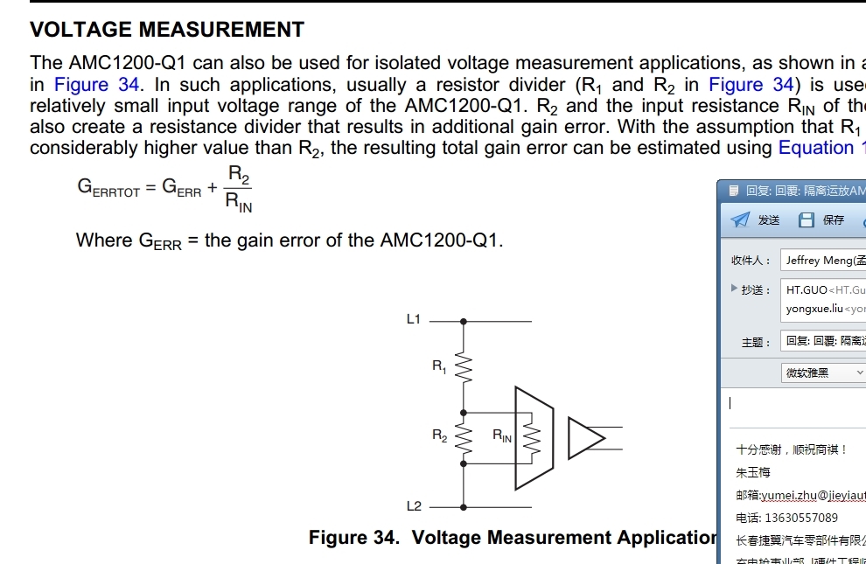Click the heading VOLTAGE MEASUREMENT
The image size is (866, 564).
[x=167, y=30]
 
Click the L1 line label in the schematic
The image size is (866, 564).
[x=414, y=319]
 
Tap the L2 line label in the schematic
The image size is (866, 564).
[x=414, y=505]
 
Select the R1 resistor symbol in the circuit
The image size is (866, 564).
[x=464, y=368]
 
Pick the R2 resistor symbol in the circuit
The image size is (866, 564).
[x=464, y=442]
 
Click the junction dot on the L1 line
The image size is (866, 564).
[x=464, y=321]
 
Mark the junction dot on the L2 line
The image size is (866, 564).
[x=464, y=506]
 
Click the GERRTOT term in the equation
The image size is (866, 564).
[x=108, y=189]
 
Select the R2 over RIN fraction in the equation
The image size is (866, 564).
[x=239, y=190]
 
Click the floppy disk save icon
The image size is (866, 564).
[x=807, y=219]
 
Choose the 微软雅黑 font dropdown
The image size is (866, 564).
[x=823, y=373]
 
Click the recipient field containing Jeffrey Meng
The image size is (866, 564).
[x=822, y=261]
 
